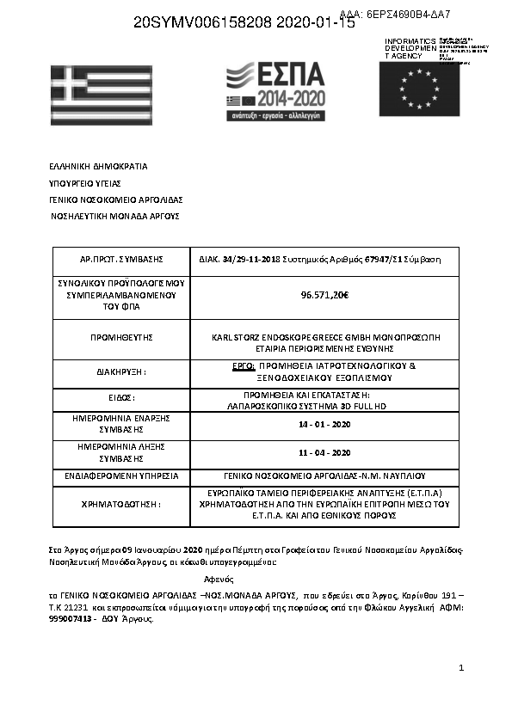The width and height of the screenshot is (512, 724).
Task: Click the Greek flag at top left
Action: (x=101, y=95)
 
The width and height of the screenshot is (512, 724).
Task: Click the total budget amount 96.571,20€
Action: (x=324, y=295)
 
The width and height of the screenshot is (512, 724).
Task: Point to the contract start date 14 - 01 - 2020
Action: (x=324, y=425)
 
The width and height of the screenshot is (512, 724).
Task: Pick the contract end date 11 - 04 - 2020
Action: (x=324, y=452)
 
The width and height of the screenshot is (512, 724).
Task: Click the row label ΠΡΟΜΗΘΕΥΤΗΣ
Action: (x=121, y=338)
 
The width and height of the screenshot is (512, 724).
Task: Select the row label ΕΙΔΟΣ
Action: (x=121, y=398)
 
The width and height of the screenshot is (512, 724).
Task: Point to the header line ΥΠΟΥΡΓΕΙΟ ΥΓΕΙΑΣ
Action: (x=84, y=183)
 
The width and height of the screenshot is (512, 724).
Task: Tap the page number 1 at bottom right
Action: (x=462, y=667)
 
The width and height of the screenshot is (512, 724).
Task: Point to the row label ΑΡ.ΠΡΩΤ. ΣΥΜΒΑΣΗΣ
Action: (x=121, y=259)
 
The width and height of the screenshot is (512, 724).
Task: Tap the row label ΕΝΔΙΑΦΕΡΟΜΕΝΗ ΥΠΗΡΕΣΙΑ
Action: (x=121, y=476)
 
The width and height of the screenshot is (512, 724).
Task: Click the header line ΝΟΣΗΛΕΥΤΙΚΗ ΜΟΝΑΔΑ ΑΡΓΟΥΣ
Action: (x=114, y=216)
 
